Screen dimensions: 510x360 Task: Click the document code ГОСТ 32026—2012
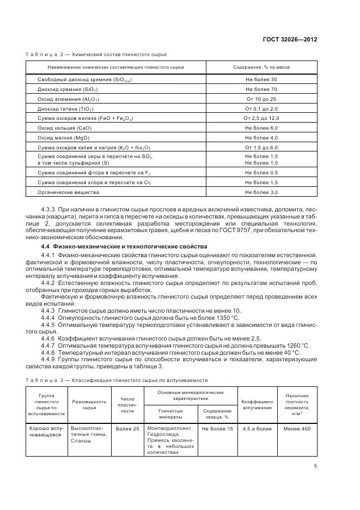pyautogui.click(x=291, y=40)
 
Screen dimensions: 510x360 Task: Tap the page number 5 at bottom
pyautogui.click(x=315, y=466)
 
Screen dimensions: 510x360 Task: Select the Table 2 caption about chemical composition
pyautogui.click(x=96, y=54)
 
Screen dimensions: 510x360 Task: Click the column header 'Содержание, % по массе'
pyautogui.click(x=261, y=67)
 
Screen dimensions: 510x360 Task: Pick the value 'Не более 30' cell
pyautogui.click(x=261, y=80)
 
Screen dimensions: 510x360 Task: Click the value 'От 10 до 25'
pyautogui.click(x=261, y=99)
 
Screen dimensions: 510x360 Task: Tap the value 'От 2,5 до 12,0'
pyautogui.click(x=261, y=118)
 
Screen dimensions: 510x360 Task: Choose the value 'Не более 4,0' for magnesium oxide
pyautogui.click(x=261, y=137)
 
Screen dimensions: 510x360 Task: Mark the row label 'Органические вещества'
pyautogui.click(x=68, y=192)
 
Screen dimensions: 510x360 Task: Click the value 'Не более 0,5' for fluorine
pyautogui.click(x=261, y=173)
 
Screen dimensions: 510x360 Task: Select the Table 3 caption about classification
pyautogui.click(x=117, y=380)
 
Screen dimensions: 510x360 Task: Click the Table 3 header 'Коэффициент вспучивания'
pyautogui.click(x=257, y=404)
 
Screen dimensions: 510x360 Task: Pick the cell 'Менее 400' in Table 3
pyautogui.click(x=297, y=429)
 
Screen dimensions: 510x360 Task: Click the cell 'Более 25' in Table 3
pyautogui.click(x=127, y=429)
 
